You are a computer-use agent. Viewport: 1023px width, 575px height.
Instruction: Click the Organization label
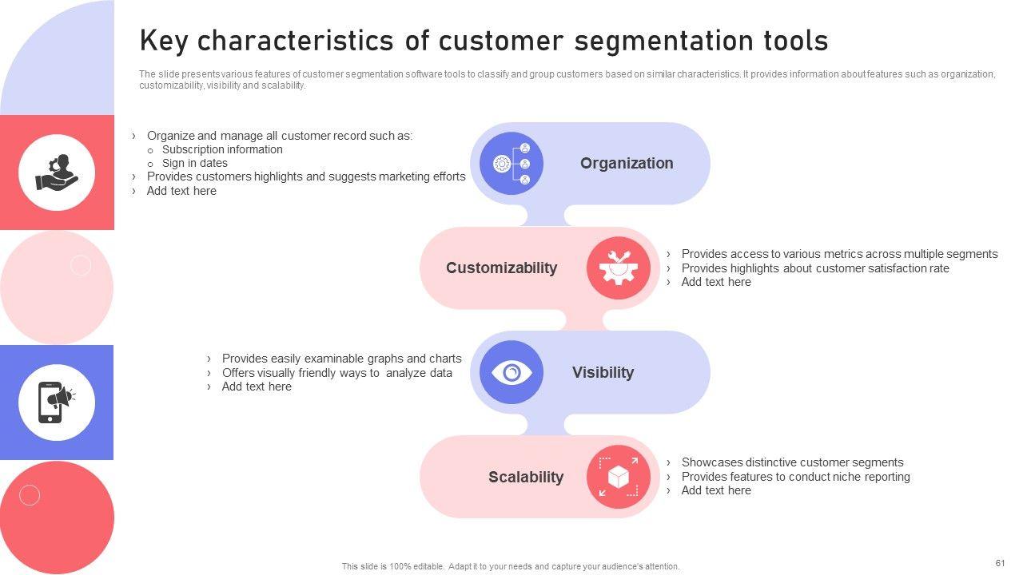(x=627, y=163)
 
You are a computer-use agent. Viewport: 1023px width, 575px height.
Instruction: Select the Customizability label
(x=501, y=268)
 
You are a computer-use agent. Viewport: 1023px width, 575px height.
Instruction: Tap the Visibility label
(x=603, y=372)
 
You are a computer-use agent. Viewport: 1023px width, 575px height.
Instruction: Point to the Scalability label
(x=526, y=477)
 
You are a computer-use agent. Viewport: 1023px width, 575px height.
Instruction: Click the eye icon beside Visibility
(x=511, y=372)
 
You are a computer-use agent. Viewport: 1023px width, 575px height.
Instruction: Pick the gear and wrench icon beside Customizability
(x=619, y=268)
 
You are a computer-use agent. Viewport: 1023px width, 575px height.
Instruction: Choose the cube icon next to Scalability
(x=619, y=477)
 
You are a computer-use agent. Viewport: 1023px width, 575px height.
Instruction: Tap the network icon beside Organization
(x=511, y=163)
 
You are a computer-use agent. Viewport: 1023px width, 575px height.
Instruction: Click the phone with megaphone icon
(x=57, y=402)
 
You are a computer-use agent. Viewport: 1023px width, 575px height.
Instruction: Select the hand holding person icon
(x=57, y=172)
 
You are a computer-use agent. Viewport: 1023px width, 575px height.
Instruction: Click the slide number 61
(x=1000, y=563)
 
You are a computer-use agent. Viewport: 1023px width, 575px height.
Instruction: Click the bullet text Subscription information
(x=222, y=149)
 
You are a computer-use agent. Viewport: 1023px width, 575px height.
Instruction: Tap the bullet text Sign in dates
(x=195, y=163)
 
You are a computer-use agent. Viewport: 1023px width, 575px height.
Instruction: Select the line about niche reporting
(x=795, y=477)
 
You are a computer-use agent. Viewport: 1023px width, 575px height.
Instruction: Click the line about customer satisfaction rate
(x=815, y=268)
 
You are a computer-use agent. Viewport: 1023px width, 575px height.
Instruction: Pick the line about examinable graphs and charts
(x=341, y=359)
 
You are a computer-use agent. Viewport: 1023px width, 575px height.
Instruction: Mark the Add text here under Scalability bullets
(x=716, y=490)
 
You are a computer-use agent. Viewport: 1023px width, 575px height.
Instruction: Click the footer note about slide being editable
(x=511, y=566)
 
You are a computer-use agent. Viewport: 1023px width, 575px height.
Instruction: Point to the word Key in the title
(x=164, y=40)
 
